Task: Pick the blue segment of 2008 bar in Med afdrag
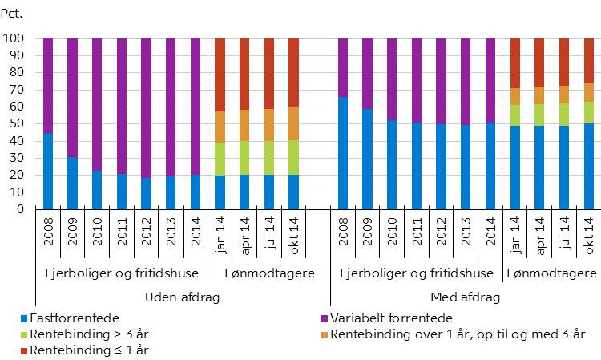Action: click(x=343, y=153)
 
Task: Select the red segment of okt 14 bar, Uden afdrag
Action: click(x=294, y=73)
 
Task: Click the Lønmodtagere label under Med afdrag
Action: click(x=551, y=273)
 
